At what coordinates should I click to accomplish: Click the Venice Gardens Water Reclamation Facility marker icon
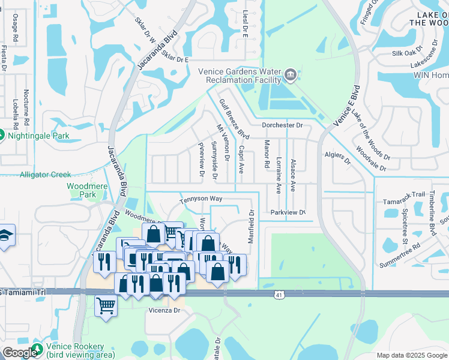point(291,74)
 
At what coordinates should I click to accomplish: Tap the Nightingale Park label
point(34,134)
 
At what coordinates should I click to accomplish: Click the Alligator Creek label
point(45,175)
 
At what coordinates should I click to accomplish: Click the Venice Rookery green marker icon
point(37,350)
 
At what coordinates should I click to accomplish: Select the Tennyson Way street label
point(200,199)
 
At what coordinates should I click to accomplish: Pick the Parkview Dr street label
point(288,212)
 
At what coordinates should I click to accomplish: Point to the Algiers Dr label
point(337,157)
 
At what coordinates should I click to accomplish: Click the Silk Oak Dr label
point(408,53)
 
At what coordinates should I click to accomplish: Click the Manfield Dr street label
point(252,226)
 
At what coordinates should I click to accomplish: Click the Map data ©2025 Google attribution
point(412,355)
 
